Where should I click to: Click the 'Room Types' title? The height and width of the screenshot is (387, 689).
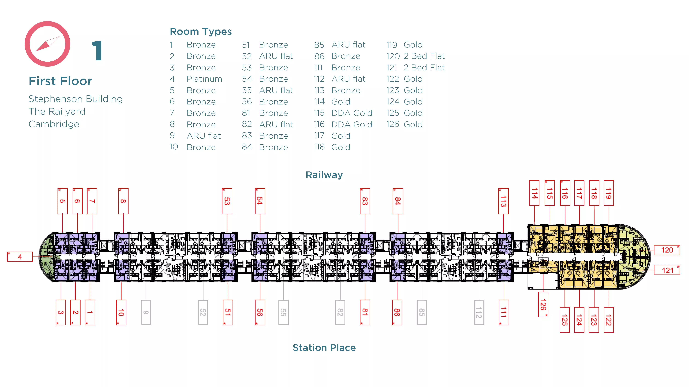pyautogui.click(x=201, y=32)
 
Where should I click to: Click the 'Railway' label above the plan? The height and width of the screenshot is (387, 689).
pyautogui.click(x=324, y=175)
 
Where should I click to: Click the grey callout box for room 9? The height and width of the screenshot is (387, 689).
pyautogui.click(x=146, y=312)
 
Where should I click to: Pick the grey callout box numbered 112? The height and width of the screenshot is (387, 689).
pyautogui.click(x=479, y=312)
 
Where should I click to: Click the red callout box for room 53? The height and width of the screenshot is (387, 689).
pyautogui.click(x=227, y=201)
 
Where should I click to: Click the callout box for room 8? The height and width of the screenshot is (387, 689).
pyautogui.click(x=123, y=201)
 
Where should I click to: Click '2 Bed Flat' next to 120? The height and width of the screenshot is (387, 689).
pyautogui.click(x=424, y=56)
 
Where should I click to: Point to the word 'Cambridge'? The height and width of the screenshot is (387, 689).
pyautogui.click(x=54, y=124)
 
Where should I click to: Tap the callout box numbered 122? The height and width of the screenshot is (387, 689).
pyautogui.click(x=609, y=320)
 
